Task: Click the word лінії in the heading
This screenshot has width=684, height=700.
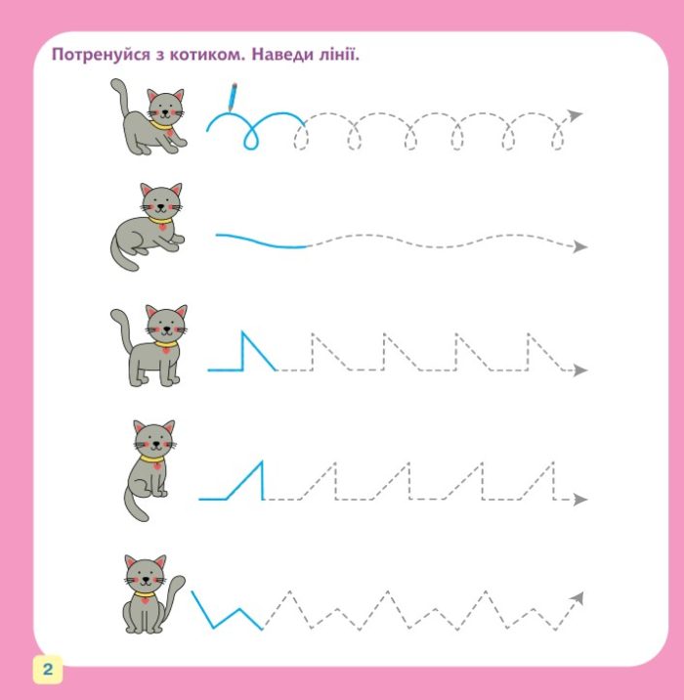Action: pos(338,54)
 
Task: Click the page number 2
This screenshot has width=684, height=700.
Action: pos(47,669)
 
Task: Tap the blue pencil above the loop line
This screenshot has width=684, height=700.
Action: pos(233,97)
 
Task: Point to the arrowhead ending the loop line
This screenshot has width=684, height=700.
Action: pos(576,115)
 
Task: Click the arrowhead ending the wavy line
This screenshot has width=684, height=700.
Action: pos(580,246)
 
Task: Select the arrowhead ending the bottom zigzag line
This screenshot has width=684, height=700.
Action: pos(577,597)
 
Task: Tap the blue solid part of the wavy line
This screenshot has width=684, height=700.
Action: pos(261,241)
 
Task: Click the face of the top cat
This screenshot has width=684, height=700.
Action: pos(165,109)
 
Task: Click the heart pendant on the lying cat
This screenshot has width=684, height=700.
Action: pos(162,227)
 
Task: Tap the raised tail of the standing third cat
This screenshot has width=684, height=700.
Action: pos(122,328)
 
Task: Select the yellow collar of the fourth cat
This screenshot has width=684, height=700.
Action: pos(153,459)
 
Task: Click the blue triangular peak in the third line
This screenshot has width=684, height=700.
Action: pos(252,351)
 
